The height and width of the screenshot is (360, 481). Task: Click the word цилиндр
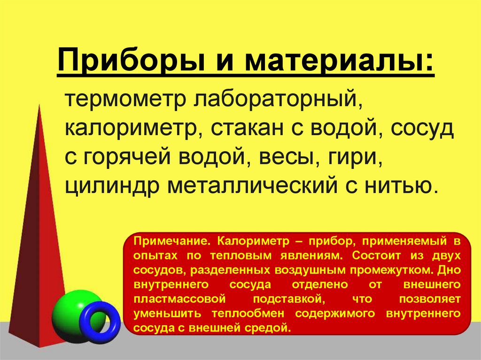tap(111, 185)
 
